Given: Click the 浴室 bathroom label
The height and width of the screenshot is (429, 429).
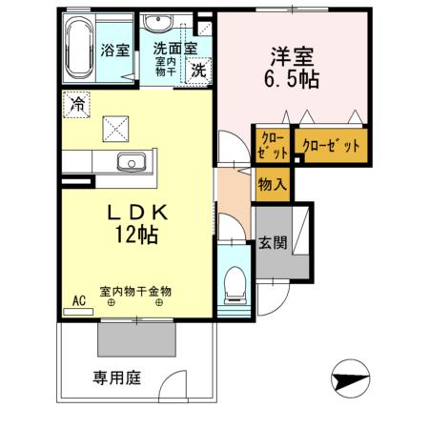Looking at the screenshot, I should coord(115,51).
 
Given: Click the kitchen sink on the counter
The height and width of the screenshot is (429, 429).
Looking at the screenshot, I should coord(125,160).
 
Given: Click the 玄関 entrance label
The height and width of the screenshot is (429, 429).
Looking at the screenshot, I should coord(270,242).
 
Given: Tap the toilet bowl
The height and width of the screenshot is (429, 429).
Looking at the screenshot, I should coord(235,282).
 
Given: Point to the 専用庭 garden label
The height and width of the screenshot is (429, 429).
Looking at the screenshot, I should coord(116,378).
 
